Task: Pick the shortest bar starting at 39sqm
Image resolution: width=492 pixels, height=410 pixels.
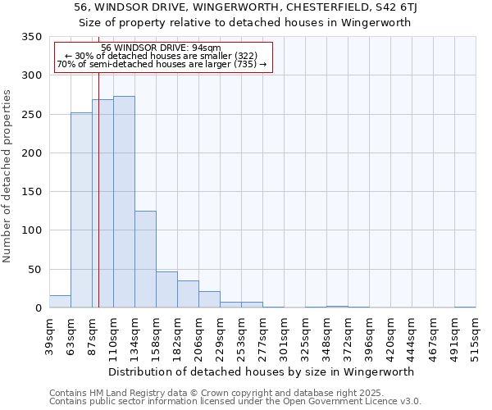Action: pyautogui.click(x=60, y=302)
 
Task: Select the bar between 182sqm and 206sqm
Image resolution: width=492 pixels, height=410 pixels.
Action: pyautogui.click(x=188, y=294)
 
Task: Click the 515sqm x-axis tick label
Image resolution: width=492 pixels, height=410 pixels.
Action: pyautogui.click(x=476, y=336)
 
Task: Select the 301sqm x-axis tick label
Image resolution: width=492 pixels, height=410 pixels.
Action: pyautogui.click(x=284, y=336)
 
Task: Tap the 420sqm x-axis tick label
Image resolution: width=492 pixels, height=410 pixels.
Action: pyautogui.click(x=390, y=336)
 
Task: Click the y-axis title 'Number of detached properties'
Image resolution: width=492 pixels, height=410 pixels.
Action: pyautogui.click(x=8, y=176)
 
